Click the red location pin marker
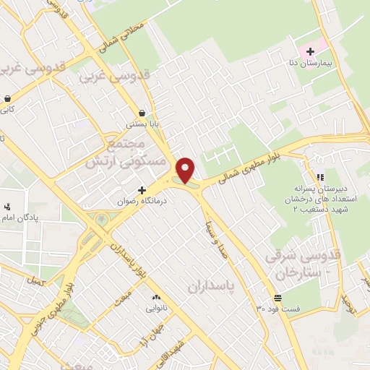pyautogui.click(x=186, y=170)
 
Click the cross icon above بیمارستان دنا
pyautogui.click(x=311, y=51)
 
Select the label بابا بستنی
pyautogui.click(x=142, y=124)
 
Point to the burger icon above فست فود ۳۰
pyautogui.click(x=277, y=298)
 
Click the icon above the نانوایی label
pyautogui.click(x=156, y=297)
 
